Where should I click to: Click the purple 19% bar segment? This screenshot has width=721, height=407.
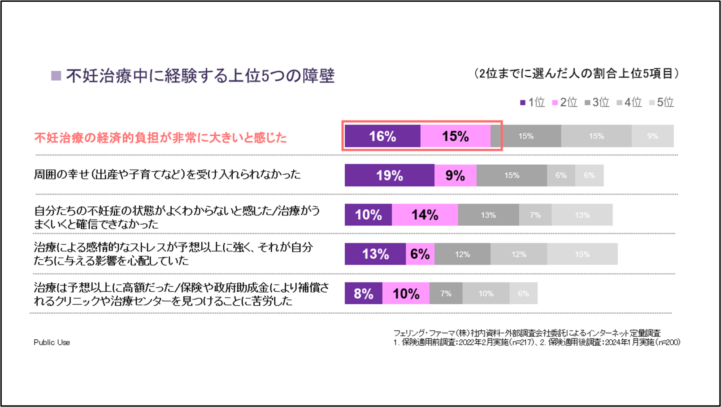389,175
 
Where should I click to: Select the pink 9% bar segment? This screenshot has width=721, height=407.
455,175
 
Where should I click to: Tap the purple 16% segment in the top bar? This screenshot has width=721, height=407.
382,136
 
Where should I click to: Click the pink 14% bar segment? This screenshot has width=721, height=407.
425,215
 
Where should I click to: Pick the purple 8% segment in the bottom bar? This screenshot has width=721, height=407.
363,294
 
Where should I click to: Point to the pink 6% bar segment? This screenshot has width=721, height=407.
420,254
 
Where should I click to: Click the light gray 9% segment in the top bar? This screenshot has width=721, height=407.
652,136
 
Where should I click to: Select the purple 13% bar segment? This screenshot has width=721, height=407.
375,254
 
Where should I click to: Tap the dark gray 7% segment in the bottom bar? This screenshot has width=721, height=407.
446,294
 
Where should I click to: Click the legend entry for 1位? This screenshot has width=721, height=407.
532,103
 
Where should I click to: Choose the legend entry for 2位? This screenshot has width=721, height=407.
565,103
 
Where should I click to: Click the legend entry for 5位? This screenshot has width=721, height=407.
661,103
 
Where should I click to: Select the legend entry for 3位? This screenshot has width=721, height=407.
597,103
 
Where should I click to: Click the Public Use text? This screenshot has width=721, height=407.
52,342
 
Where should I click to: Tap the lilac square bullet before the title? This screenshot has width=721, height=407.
56,76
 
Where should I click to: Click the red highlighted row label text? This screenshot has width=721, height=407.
161,138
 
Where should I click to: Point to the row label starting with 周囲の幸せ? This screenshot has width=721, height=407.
167,174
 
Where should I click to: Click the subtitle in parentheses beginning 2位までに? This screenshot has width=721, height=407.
577,74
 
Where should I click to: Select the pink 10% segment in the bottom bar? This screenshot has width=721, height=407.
406,294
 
